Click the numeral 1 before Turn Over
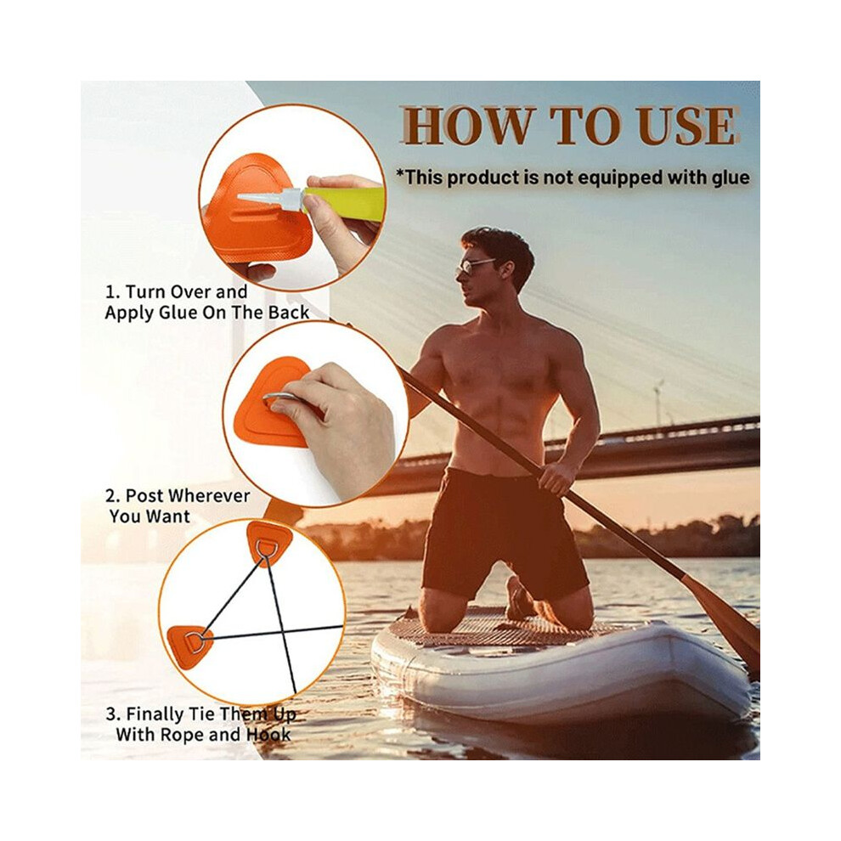click(111, 292)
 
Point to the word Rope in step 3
click(183, 734)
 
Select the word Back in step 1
click(289, 313)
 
